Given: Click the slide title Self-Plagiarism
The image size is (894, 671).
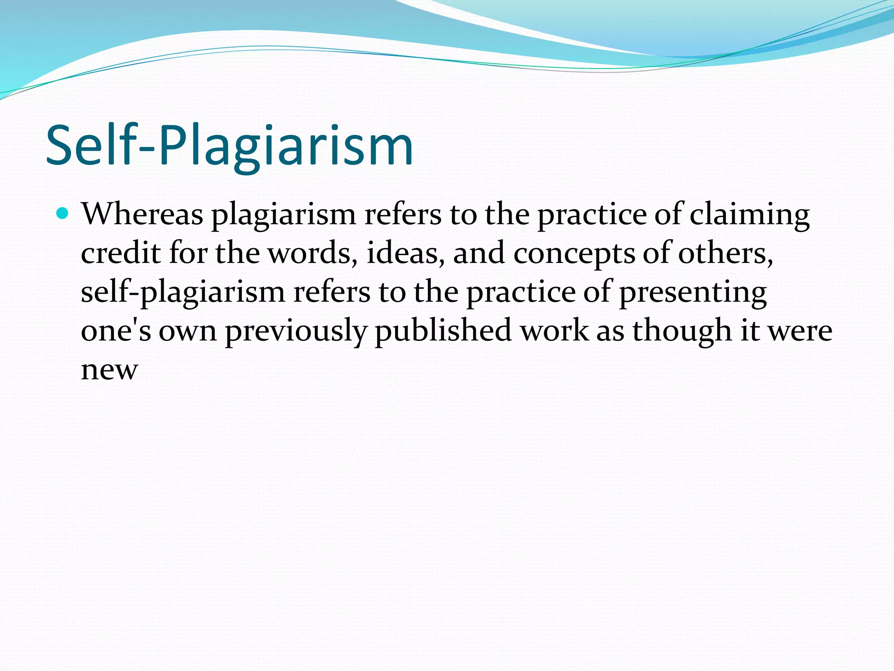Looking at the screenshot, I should coord(229,146).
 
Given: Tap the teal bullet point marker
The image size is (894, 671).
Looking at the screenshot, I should coord(63,214).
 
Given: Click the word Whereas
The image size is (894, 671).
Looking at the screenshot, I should coord(142,214).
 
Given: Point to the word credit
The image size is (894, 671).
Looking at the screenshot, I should coord(120,253).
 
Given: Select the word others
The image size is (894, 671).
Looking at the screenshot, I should coord(725,253).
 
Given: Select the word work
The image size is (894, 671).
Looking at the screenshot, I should coord(554,331).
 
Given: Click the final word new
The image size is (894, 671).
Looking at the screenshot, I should coord(110,370).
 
